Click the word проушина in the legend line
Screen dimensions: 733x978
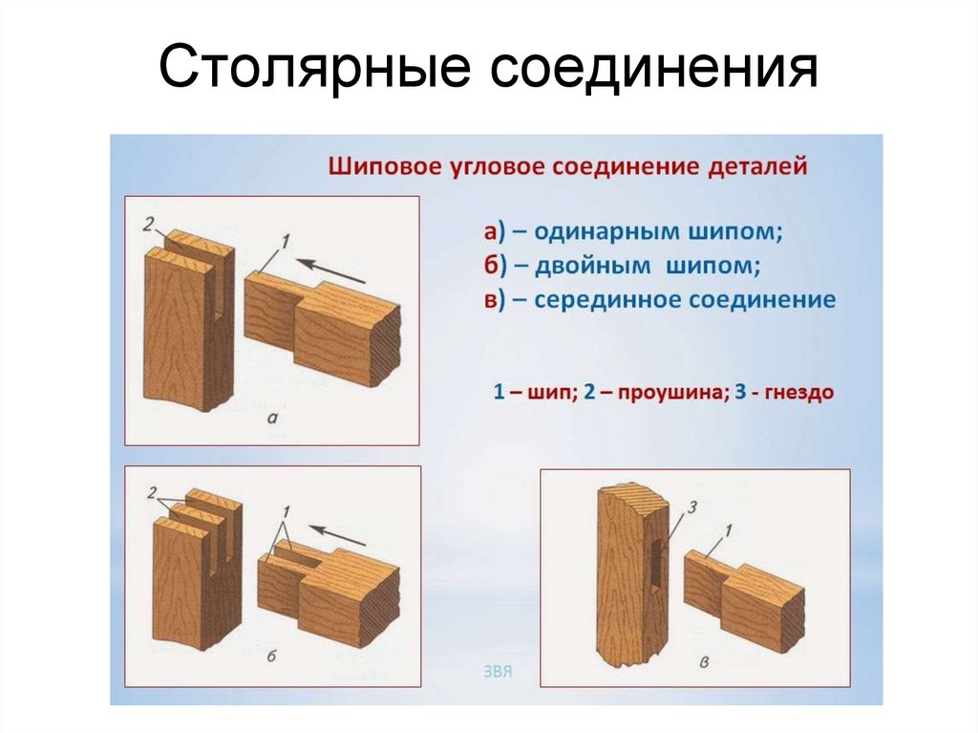[674, 392]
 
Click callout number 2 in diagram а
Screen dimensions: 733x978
[148, 225]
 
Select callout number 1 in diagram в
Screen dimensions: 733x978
[728, 530]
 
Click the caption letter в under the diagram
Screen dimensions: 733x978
[703, 661]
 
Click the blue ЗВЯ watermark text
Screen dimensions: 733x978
[499, 671]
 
